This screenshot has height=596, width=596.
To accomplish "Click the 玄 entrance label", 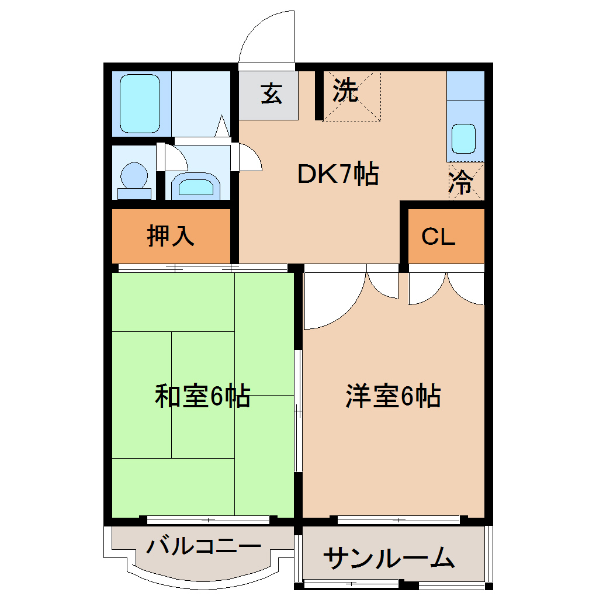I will tap(271, 93).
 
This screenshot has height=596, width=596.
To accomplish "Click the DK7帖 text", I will tap(338, 174).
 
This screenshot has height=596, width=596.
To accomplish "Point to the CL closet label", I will tap(438, 237).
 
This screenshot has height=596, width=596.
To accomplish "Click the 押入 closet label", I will tap(170, 235).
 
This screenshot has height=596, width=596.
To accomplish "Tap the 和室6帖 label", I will tap(202, 396).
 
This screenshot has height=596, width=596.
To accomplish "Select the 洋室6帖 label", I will tap(393, 396).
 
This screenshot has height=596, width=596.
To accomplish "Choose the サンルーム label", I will tap(389, 559).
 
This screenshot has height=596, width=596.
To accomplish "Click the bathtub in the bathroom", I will tap(140, 105).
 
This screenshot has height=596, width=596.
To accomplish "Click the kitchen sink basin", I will tap(465, 139).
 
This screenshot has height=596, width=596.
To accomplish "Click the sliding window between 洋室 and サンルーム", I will tap(400, 519).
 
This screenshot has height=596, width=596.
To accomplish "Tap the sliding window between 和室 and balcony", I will tap(209, 519).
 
